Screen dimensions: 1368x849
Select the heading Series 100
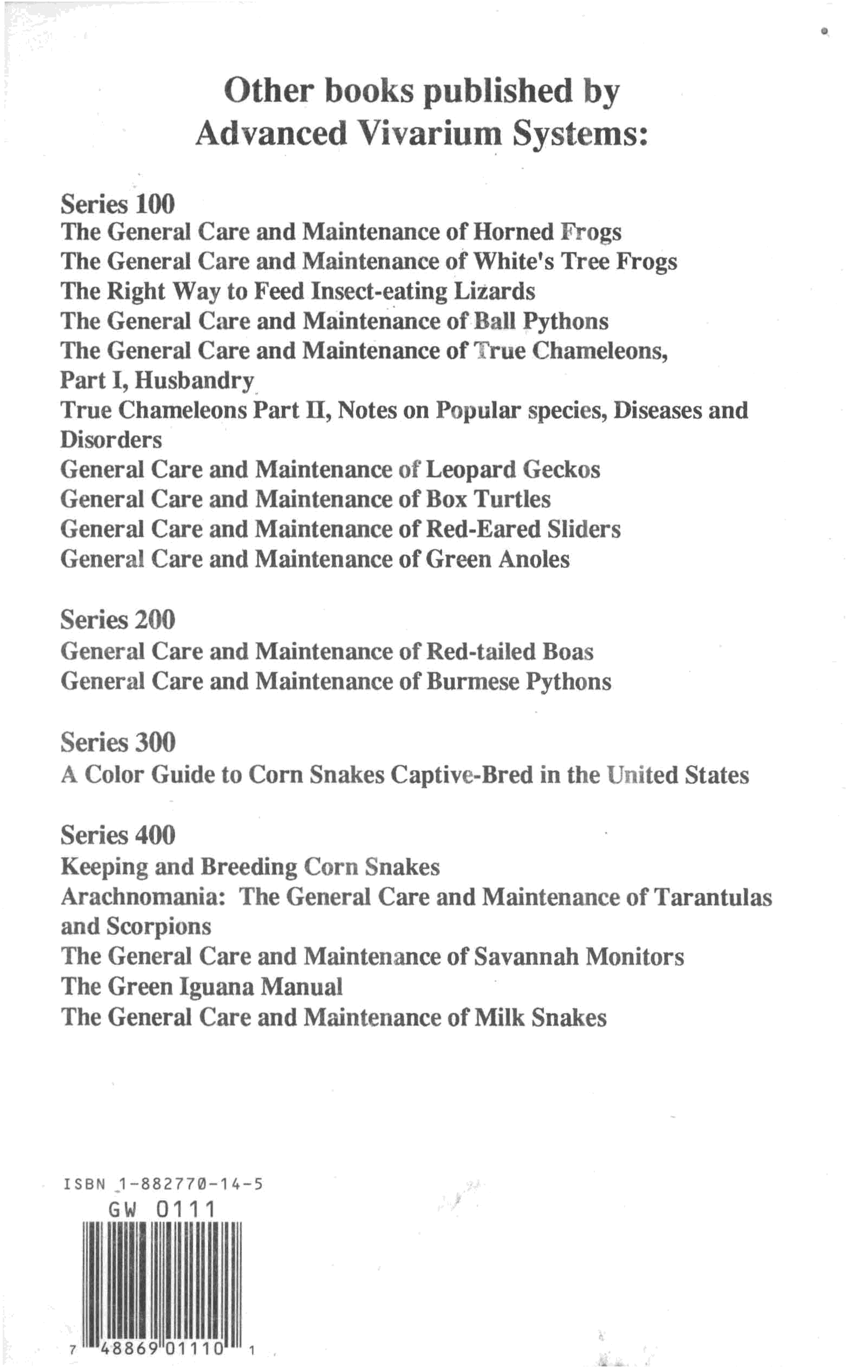point(118,203)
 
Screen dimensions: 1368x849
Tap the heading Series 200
point(118,620)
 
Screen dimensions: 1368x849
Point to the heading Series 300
point(118,743)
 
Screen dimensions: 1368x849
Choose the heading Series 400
point(118,835)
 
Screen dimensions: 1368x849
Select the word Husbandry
point(195,380)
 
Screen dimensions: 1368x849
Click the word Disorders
point(111,440)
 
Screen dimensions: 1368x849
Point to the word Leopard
point(470,469)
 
